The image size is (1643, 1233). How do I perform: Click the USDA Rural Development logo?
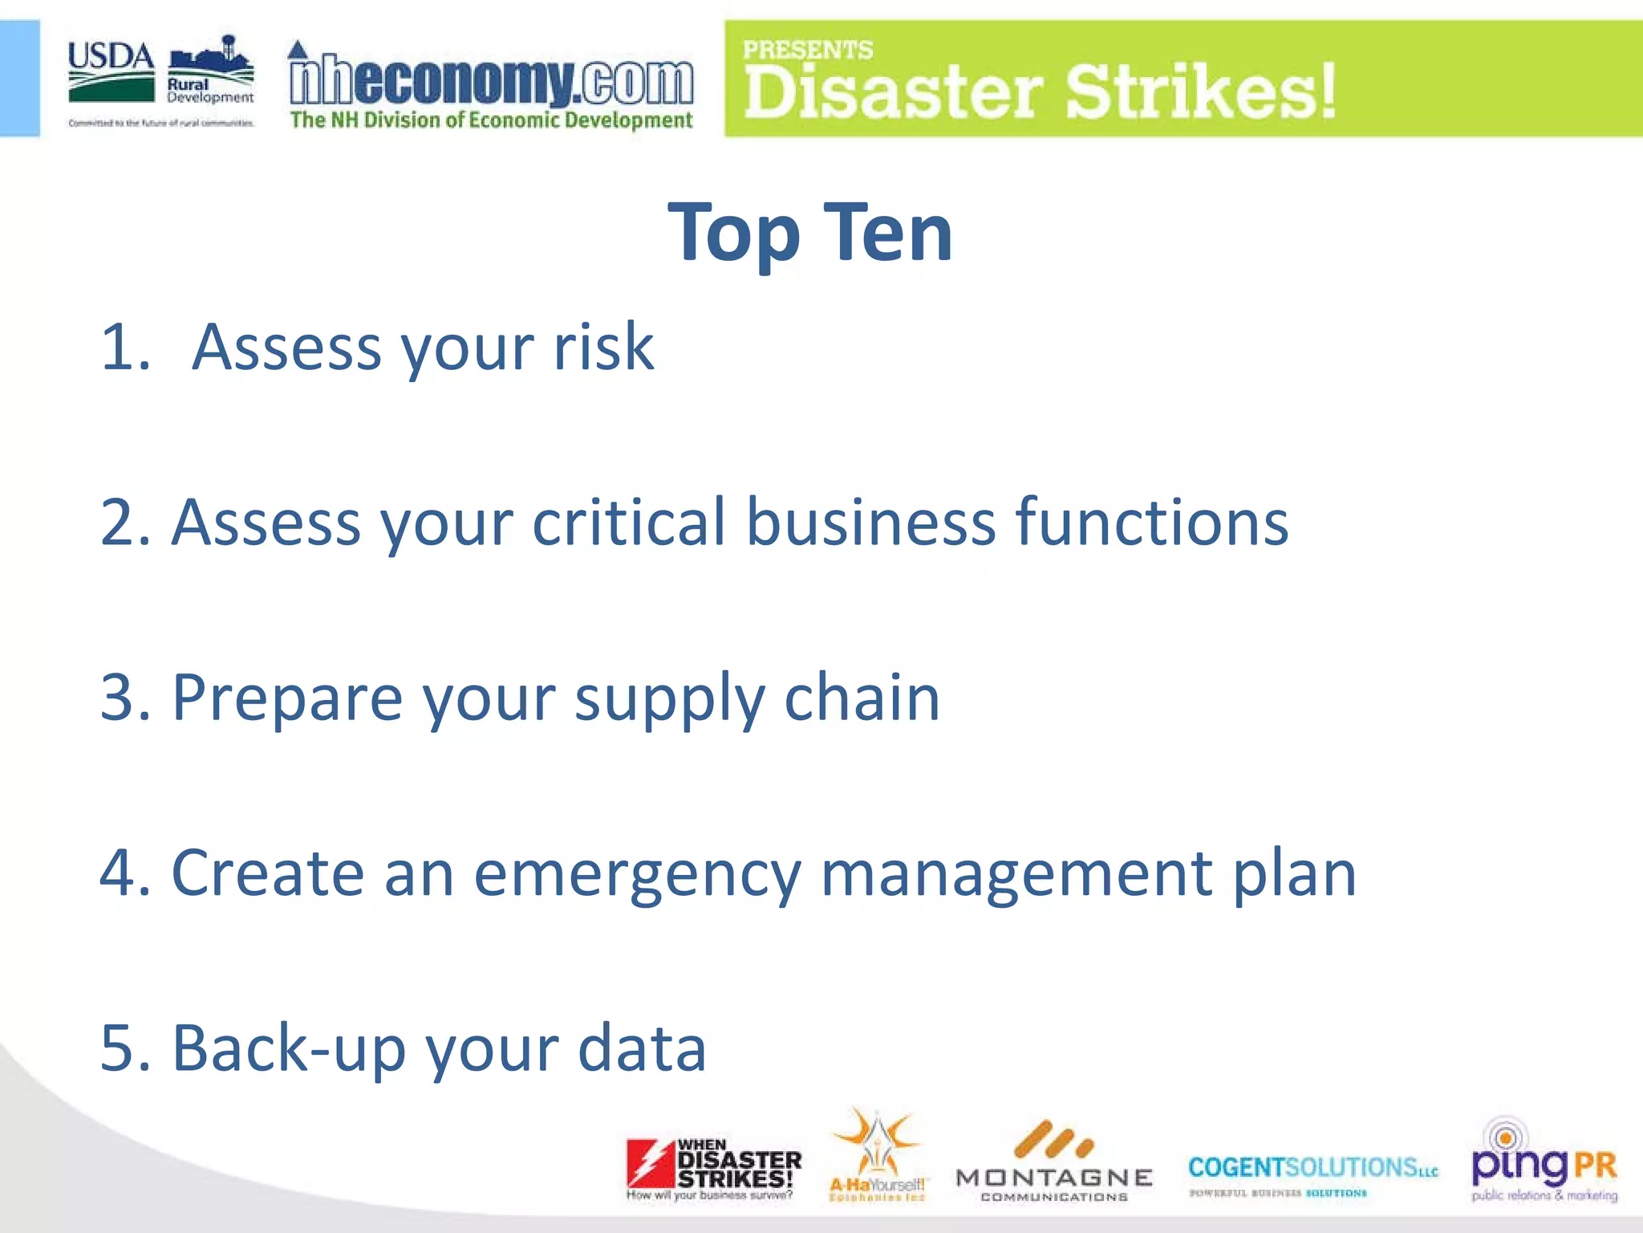click(160, 80)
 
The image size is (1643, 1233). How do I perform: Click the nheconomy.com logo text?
click(491, 82)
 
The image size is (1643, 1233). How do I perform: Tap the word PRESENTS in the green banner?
click(807, 50)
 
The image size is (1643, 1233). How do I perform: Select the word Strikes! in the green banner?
click(1200, 92)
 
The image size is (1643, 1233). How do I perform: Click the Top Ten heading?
click(810, 233)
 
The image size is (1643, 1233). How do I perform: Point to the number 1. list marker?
click(126, 347)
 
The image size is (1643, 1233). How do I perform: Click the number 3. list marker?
click(126, 697)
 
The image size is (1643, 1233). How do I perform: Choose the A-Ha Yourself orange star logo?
click(877, 1154)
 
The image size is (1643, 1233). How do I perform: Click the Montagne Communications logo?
click(1054, 1162)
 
